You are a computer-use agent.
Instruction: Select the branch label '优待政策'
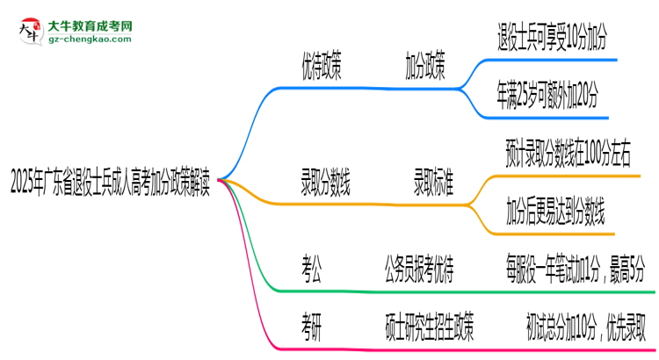point(322,66)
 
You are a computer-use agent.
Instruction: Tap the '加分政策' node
point(424,66)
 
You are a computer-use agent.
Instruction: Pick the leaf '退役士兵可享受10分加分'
point(552,37)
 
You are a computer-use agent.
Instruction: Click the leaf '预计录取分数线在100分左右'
point(568,155)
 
